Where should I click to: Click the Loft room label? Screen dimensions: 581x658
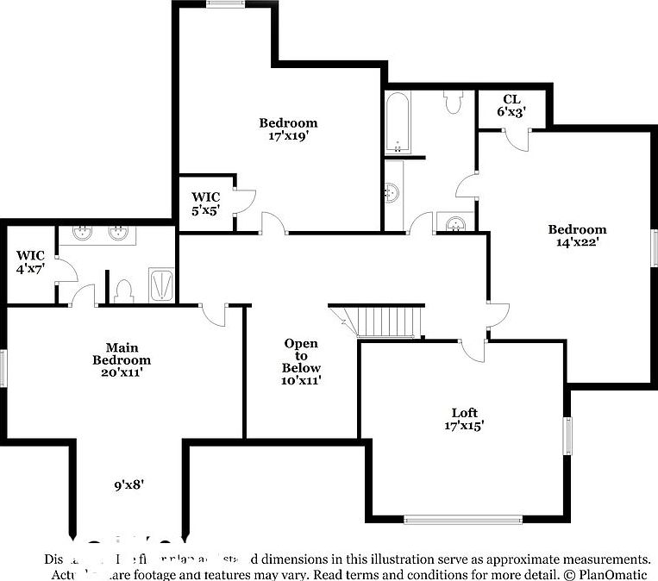coord(464,413)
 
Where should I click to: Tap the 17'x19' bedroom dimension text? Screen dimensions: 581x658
coord(288,135)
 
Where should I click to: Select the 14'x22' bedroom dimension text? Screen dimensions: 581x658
coord(577,242)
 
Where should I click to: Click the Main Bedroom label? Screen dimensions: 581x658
coord(122,353)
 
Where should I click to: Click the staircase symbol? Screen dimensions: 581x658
coord(388,322)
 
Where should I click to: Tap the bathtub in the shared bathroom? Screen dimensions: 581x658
coord(398,122)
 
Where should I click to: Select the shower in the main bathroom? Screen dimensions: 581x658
coord(162,285)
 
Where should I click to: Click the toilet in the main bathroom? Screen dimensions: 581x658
coord(123,291)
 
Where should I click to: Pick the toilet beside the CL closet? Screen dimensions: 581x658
coord(454,102)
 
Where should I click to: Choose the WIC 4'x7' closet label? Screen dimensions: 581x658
coord(30,262)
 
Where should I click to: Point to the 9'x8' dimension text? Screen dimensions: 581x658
coord(128,484)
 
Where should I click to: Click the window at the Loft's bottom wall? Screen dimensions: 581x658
coord(464,519)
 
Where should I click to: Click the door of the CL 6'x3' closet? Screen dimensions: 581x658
coord(517,139)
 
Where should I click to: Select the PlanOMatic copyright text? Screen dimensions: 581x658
coord(607,573)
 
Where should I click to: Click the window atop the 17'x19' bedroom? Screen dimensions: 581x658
coord(226,3)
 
